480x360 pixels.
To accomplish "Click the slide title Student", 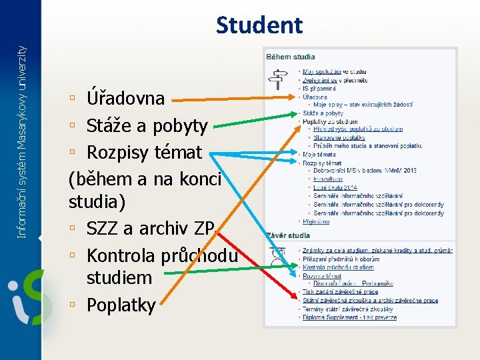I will click(x=259, y=25).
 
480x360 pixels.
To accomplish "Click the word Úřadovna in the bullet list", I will click(x=125, y=98).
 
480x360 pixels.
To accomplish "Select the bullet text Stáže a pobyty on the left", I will click(x=147, y=125).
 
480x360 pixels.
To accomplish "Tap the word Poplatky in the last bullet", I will click(x=121, y=305).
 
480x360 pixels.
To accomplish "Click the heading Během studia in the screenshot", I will click(x=291, y=57).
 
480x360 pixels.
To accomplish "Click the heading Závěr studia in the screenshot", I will click(x=288, y=236).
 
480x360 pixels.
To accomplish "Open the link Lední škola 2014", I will click(x=335, y=187).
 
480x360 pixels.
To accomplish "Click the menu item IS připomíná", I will click(x=319, y=88).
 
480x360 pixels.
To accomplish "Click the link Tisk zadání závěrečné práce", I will click(x=340, y=292).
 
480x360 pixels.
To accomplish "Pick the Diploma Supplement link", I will click(x=349, y=317).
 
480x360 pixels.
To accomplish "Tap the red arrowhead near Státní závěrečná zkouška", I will click(x=295, y=299).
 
